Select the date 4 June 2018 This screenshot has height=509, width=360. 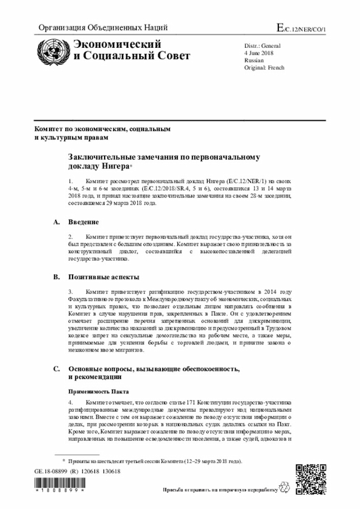coord(257,52)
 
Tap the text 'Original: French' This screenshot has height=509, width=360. coord(264,67)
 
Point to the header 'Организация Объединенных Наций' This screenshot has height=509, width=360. coord(102,28)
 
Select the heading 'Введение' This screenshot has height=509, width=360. coord(84,222)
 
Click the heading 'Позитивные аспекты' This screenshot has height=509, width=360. coord(104,277)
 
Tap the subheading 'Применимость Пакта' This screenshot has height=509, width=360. coord(99,391)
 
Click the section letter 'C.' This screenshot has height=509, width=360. coord(56,369)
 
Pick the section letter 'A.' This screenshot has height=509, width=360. coord(56,222)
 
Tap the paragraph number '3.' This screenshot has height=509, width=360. coord(71,292)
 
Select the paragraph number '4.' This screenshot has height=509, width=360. coord(71,403)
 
